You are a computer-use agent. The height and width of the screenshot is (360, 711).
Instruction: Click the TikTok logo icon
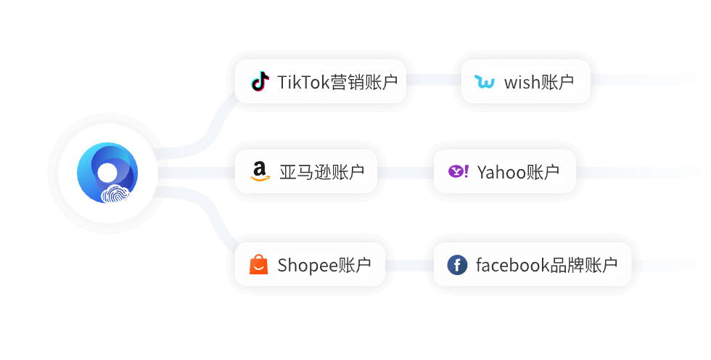(259, 81)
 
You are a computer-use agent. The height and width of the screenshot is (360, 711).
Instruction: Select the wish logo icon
(484, 82)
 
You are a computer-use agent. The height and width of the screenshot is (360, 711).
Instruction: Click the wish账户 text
(538, 82)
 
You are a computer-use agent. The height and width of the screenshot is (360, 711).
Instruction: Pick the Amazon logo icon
(259, 172)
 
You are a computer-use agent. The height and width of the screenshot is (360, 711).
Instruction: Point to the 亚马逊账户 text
(321, 172)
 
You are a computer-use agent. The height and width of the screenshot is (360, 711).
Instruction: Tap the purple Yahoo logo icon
(459, 172)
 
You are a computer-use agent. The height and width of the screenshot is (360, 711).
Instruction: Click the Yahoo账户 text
(518, 172)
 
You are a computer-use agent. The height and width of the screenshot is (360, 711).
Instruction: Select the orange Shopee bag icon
(259, 265)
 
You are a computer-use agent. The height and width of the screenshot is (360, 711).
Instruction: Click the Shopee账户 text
(324, 265)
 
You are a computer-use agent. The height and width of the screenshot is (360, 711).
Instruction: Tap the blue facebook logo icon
(457, 265)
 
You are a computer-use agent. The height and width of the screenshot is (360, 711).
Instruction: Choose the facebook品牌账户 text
(546, 265)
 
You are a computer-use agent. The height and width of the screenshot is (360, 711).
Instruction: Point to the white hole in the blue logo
(107, 172)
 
